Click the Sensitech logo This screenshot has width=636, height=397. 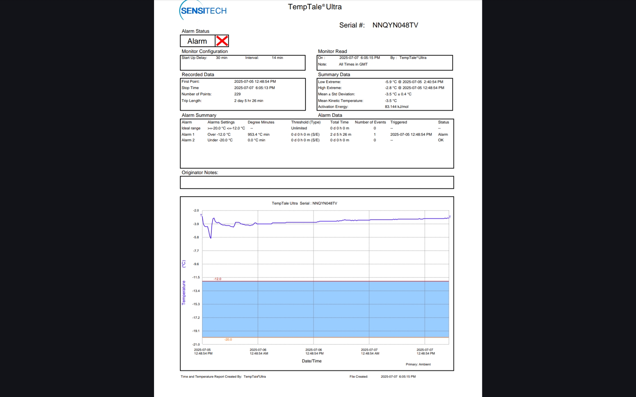(x=203, y=11)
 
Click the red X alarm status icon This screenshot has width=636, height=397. (x=222, y=41)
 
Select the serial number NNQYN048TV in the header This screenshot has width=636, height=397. (x=395, y=25)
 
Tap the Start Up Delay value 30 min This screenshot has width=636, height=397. (x=222, y=58)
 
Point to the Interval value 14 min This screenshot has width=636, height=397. (x=277, y=58)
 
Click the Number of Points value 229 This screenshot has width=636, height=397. (x=238, y=94)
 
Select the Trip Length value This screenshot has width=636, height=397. (x=248, y=101)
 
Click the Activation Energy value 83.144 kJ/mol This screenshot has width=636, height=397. (x=397, y=107)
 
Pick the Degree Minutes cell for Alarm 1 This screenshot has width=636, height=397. (x=258, y=135)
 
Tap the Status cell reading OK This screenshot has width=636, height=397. (x=441, y=140)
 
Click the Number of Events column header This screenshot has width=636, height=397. (x=370, y=122)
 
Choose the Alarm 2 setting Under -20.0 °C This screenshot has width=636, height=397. (x=220, y=140)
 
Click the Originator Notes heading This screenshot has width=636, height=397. (x=200, y=173)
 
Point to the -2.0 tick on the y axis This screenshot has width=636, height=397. (x=196, y=211)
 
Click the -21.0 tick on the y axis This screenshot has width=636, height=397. (x=196, y=345)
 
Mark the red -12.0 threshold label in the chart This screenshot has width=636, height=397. (x=217, y=279)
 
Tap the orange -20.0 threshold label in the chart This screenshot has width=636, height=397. (x=228, y=340)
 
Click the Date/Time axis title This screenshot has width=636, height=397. (x=311, y=361)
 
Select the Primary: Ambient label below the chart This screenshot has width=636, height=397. (x=418, y=365)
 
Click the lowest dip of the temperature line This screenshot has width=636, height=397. (x=211, y=238)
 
